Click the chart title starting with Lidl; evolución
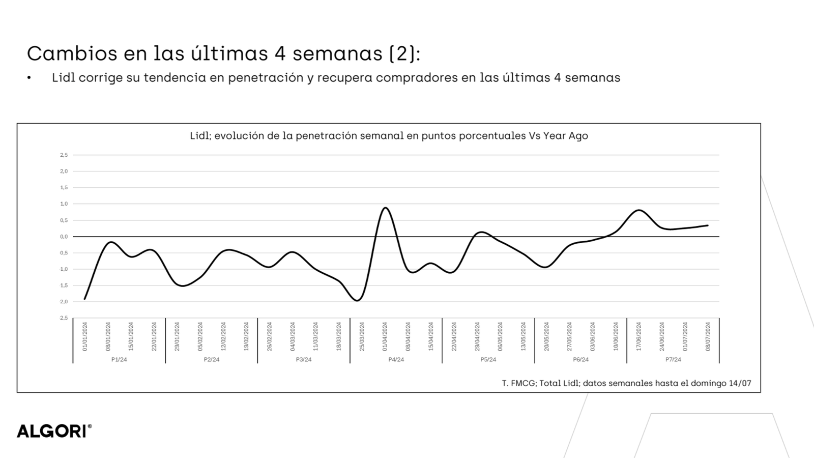(x=389, y=136)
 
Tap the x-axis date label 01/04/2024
(x=385, y=336)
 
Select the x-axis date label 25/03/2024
(x=362, y=336)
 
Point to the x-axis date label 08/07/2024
(x=708, y=336)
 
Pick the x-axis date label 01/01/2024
(x=85, y=336)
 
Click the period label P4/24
(x=396, y=360)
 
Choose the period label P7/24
(x=673, y=360)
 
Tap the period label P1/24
(x=119, y=360)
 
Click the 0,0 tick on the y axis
(x=64, y=237)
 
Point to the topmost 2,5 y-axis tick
(x=64, y=155)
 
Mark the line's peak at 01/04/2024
(x=386, y=208)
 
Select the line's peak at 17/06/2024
(x=639, y=210)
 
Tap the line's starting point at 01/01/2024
(x=84, y=299)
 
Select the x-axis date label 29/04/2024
(x=477, y=336)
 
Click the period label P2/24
(x=212, y=360)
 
